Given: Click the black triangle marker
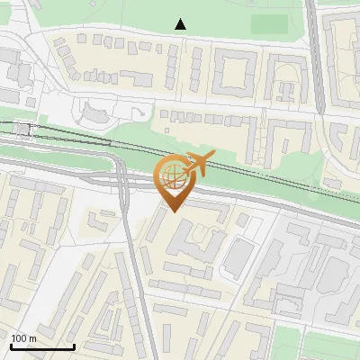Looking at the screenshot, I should click(181, 24).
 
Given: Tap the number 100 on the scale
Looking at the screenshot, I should click(19, 338).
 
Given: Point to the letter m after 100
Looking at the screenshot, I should click(32, 338).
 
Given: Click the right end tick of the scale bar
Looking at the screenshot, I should click(74, 346).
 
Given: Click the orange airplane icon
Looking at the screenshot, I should click(201, 165).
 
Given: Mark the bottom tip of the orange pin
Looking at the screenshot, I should click(174, 211).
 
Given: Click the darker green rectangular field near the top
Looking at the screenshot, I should click(268, 24).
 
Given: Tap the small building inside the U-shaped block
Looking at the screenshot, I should click(285, 89).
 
